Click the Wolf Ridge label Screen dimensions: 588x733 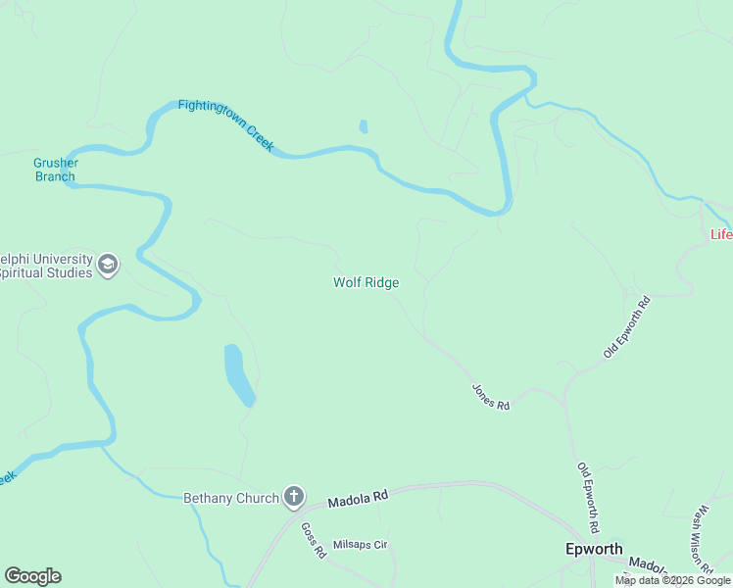(366, 282)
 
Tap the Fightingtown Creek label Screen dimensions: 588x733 (226, 126)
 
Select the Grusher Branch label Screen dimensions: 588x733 (55, 170)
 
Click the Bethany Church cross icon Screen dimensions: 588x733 (293, 497)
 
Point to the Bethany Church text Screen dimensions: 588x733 (231, 498)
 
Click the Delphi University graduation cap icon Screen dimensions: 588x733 (108, 265)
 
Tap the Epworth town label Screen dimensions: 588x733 (594, 549)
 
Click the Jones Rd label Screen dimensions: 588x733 (491, 397)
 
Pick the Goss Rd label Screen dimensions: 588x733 (313, 540)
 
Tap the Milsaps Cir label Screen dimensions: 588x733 (361, 545)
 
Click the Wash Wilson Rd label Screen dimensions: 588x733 (702, 539)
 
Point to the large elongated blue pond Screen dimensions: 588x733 (238, 373)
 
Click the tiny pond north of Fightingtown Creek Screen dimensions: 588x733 (364, 126)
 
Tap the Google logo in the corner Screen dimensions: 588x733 (32, 576)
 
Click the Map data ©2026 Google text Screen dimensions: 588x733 (672, 581)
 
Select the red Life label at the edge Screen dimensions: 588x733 (720, 234)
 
